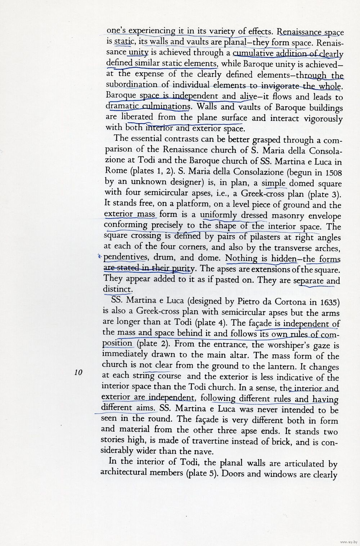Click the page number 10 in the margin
point(78,372)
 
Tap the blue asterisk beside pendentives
point(100,257)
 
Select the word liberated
point(137,117)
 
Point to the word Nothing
point(241,258)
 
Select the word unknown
point(149,182)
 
